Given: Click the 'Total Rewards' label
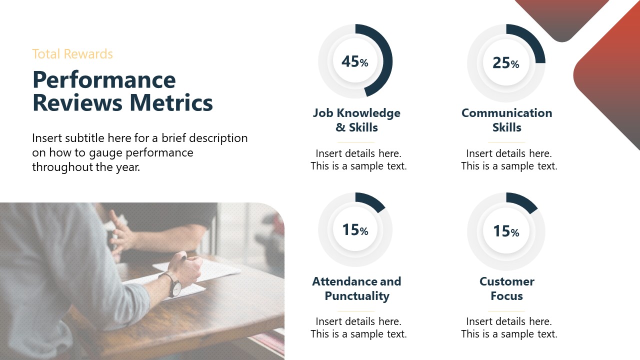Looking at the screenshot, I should (x=72, y=54).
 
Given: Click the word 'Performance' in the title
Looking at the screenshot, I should (x=104, y=80).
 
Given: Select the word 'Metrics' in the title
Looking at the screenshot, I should (x=171, y=103).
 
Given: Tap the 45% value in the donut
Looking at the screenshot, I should (x=354, y=61).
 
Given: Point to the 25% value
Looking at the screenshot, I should (x=505, y=63).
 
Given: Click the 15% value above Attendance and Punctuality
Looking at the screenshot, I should (x=355, y=230).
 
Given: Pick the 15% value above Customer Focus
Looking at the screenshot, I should (x=506, y=231).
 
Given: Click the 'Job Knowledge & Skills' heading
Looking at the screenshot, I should (x=356, y=120).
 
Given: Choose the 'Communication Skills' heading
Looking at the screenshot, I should (x=506, y=120).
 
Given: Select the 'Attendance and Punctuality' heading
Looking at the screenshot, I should (x=356, y=288).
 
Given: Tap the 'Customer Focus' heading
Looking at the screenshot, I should (x=506, y=288).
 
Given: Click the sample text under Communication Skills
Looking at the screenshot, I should (x=509, y=159).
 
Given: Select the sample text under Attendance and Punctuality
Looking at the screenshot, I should (x=358, y=327).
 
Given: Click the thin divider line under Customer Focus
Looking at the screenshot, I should (x=506, y=311).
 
